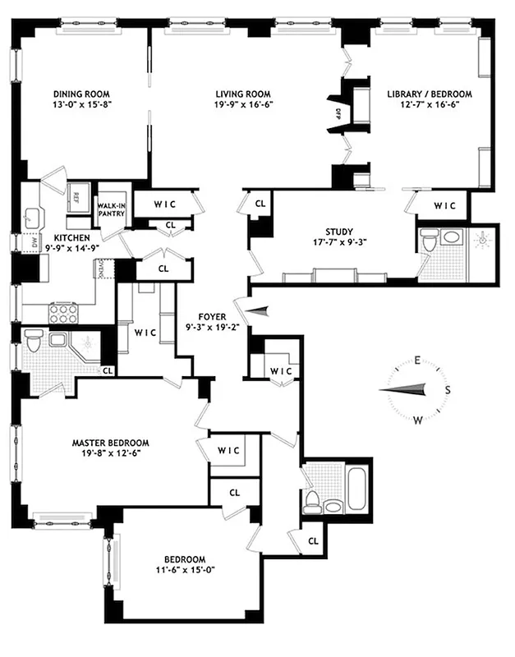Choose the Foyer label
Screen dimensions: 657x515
[x=212, y=315]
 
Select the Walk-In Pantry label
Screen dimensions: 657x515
[x=111, y=209]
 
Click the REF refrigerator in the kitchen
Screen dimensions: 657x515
[x=77, y=196]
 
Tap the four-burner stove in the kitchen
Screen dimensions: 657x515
[x=63, y=313]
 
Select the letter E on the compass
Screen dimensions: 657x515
[x=417, y=361]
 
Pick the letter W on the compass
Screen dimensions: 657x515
[x=417, y=420]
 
